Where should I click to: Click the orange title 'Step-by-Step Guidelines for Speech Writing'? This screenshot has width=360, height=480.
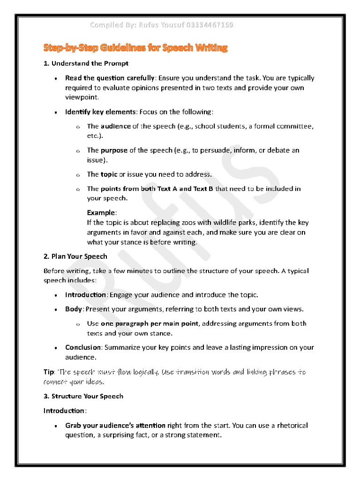pyautogui.click(x=135, y=48)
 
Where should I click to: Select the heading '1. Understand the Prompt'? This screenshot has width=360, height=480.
pyautogui.click(x=86, y=63)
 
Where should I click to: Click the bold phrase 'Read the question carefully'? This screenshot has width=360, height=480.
pyautogui.click(x=109, y=78)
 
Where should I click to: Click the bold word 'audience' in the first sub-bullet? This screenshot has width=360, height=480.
pyautogui.click(x=116, y=126)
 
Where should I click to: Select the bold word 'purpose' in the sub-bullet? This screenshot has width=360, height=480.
pyautogui.click(x=114, y=150)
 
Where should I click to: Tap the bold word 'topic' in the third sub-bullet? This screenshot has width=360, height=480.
pyautogui.click(x=109, y=174)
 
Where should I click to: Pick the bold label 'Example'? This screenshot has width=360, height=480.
pyautogui.click(x=101, y=213)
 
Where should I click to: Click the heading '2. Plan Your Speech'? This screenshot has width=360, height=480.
pyautogui.click(x=75, y=256)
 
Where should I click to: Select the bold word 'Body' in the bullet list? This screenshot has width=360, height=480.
pyautogui.click(x=74, y=309)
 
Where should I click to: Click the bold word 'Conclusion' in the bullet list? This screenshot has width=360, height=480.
pyautogui.click(x=83, y=348)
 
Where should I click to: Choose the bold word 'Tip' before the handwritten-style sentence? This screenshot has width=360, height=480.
pyautogui.click(x=49, y=372)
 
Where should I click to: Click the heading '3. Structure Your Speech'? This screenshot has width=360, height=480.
pyautogui.click(x=83, y=396)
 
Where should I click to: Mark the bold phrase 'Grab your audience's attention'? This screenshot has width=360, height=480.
pyautogui.click(x=115, y=426)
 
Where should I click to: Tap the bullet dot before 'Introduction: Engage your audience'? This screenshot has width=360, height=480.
pyautogui.click(x=56, y=295)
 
